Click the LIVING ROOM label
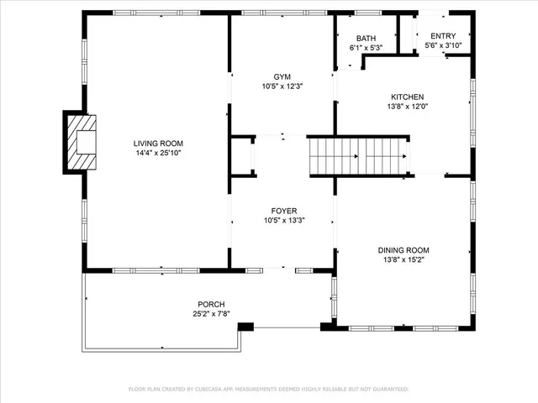pyautogui.click(x=158, y=144)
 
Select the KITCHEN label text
pyautogui.click(x=405, y=97)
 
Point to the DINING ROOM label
pyautogui.click(x=403, y=250)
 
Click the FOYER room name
pyautogui.click(x=283, y=211)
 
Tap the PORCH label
pyautogui.click(x=211, y=304)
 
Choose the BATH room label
pyautogui.click(x=366, y=39)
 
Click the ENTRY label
pyautogui.click(x=443, y=36)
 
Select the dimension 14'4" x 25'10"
pyautogui.click(x=158, y=154)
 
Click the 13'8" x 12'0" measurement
pyautogui.click(x=405, y=107)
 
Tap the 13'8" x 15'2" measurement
pyautogui.click(x=403, y=260)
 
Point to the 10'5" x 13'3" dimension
pyautogui.click(x=283, y=221)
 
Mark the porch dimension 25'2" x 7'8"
pyautogui.click(x=211, y=314)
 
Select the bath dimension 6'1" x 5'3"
pyautogui.click(x=366, y=48)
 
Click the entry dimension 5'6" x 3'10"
pyautogui.click(x=443, y=45)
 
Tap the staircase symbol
pyautogui.click(x=357, y=156)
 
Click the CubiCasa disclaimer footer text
pyautogui.click(x=268, y=390)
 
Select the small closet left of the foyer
pyautogui.click(x=244, y=156)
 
